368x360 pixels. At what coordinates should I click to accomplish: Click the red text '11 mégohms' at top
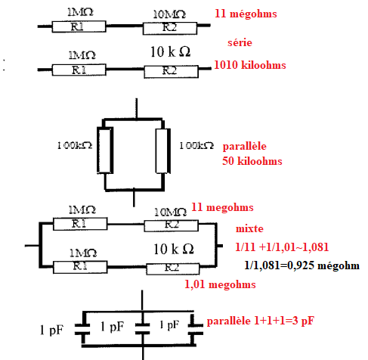pyautogui.click(x=246, y=14)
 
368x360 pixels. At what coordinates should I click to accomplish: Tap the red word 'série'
pyautogui.click(x=240, y=42)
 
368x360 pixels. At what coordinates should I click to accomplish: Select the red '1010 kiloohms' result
pyautogui.click(x=250, y=65)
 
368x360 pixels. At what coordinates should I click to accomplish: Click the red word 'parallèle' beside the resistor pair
pyautogui.click(x=244, y=147)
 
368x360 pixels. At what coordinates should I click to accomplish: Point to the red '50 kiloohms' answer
pyautogui.click(x=252, y=161)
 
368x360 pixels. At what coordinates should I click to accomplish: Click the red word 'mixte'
pyautogui.click(x=249, y=228)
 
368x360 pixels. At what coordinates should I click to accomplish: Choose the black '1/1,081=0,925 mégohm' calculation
pyautogui.click(x=302, y=265)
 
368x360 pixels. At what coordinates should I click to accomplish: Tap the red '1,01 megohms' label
pyautogui.click(x=220, y=284)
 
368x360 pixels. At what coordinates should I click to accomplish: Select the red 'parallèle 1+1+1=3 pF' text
pyautogui.click(x=261, y=321)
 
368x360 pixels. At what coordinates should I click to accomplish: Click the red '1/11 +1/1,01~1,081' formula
pyautogui.click(x=282, y=247)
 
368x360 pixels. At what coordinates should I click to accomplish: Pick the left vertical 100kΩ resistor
pyautogui.click(x=105, y=151)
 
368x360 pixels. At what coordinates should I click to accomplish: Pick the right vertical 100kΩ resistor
pyautogui.click(x=163, y=151)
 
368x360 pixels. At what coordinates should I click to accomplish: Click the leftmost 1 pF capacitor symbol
pyautogui.click(x=82, y=330)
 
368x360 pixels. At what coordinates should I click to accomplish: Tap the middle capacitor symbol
pyautogui.click(x=142, y=329)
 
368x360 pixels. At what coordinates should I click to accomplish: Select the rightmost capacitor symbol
pyautogui.click(x=196, y=329)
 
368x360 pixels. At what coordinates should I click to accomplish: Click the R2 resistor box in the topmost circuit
pyautogui.click(x=170, y=28)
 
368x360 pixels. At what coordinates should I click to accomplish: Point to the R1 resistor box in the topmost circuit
pyautogui.click(x=79, y=26)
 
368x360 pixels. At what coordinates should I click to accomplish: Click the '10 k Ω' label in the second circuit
pyautogui.click(x=170, y=52)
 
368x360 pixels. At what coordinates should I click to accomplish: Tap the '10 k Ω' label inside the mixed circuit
pyautogui.click(x=174, y=249)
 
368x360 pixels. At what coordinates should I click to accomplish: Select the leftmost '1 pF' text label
pyautogui.click(x=51, y=331)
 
